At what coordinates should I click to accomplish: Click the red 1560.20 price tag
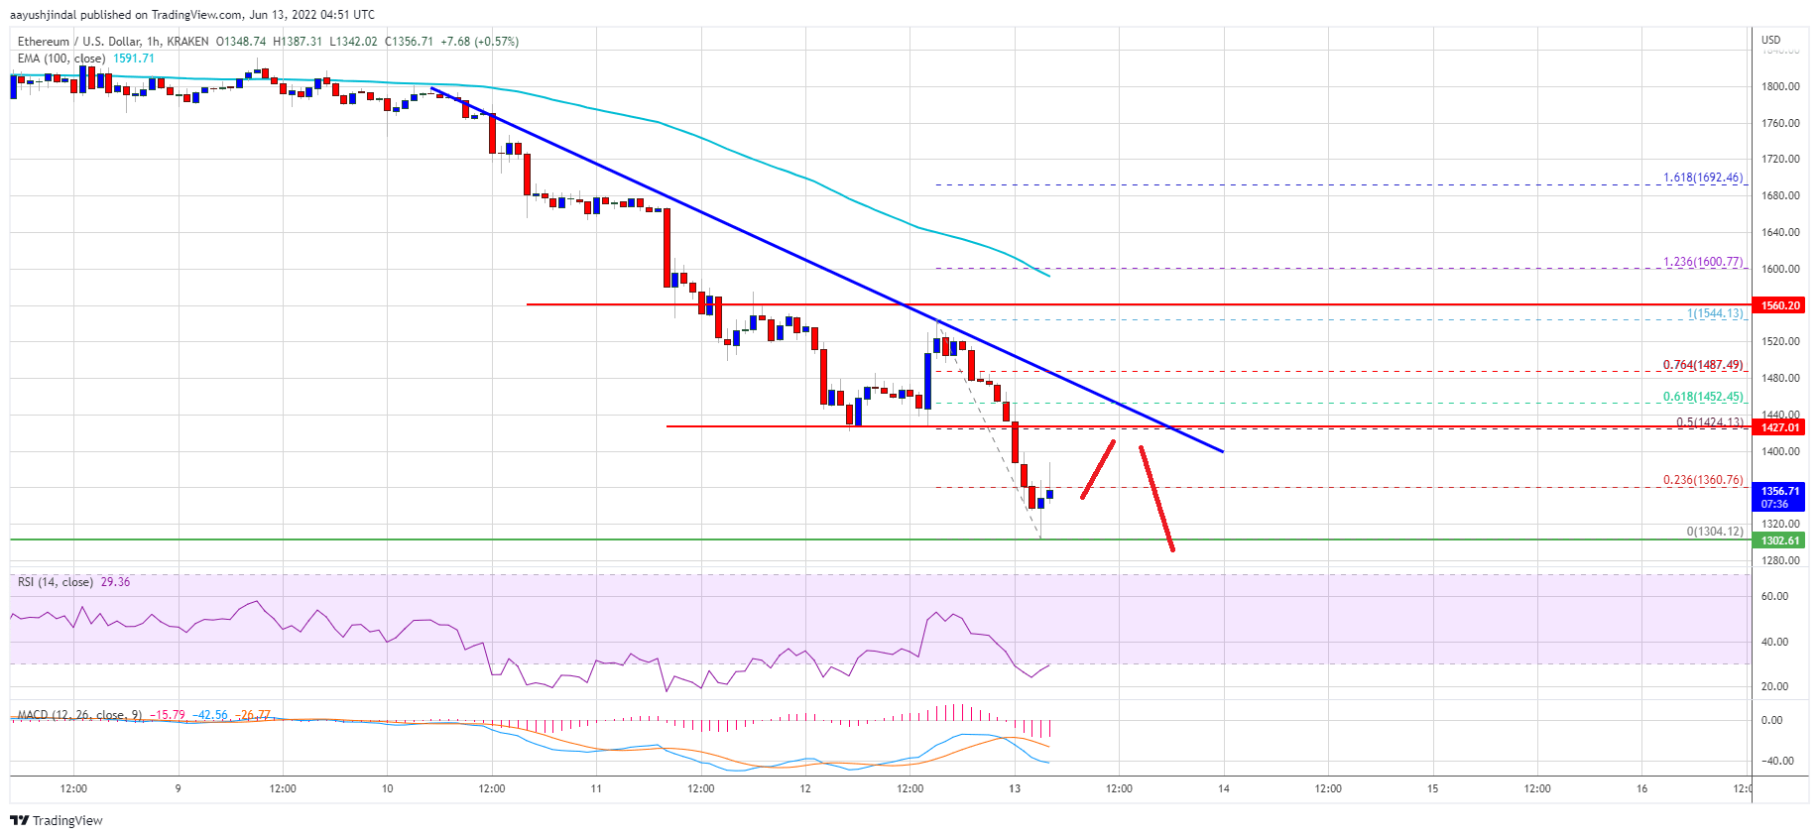[1779, 305]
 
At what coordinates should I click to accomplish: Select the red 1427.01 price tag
[1779, 427]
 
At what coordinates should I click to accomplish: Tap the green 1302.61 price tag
[1779, 540]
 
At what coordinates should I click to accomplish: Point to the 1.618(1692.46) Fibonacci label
[1702, 179]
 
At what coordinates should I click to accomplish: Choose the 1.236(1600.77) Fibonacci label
[1702, 263]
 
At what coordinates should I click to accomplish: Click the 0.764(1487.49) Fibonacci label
[1702, 365]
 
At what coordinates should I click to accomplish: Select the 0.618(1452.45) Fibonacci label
[1702, 397]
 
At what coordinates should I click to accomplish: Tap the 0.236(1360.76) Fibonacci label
[1702, 480]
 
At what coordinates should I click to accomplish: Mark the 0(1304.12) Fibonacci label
[1714, 532]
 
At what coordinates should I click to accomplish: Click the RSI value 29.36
[115, 582]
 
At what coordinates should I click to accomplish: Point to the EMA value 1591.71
[133, 59]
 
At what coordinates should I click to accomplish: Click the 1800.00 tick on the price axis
[1780, 86]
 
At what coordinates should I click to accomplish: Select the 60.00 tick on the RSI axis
[1774, 596]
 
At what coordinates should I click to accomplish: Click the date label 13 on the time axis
[1015, 789]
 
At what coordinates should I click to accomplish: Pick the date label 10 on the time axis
[387, 789]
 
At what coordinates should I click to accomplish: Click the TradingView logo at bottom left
[57, 820]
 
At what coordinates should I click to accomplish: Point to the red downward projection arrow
[1156, 498]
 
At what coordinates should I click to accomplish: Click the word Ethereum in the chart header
[44, 42]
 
